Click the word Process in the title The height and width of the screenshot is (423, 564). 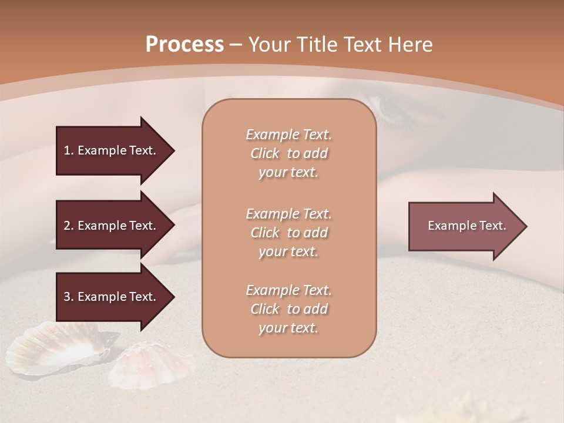click(184, 45)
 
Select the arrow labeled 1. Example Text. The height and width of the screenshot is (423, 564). click(112, 150)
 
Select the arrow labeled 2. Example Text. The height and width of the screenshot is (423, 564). click(112, 226)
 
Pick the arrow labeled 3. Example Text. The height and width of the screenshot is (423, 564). click(112, 297)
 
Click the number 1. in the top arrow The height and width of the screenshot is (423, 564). click(69, 150)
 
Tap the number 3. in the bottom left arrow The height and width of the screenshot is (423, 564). click(69, 297)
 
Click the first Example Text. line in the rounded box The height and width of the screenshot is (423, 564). click(288, 135)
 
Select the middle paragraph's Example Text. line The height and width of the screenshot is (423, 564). click(288, 214)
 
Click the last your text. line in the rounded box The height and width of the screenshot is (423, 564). click(288, 328)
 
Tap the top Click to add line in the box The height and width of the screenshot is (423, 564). click(288, 153)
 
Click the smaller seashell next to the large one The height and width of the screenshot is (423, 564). click(153, 364)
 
